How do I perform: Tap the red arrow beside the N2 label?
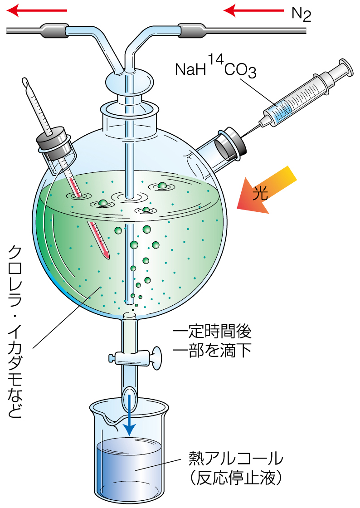pyautogui.click(x=252, y=10)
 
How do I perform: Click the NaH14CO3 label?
pyautogui.click(x=215, y=68)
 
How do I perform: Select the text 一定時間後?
pyautogui.click(x=212, y=332)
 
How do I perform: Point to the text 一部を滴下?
pyautogui.click(x=212, y=352)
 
